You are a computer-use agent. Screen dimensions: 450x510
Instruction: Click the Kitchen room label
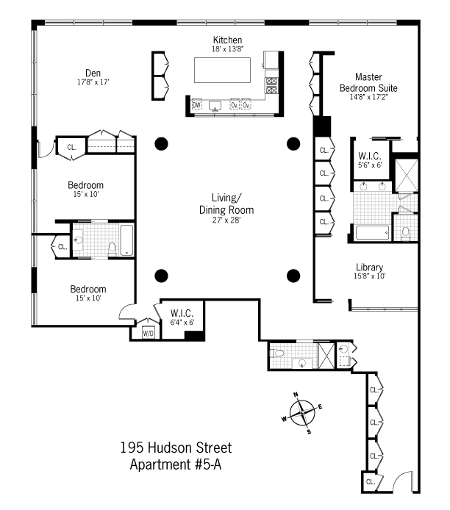(227, 40)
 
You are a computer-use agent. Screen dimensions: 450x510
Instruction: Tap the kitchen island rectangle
(223, 71)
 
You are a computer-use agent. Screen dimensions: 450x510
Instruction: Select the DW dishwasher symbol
(196, 105)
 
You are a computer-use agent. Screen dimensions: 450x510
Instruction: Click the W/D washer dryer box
(148, 334)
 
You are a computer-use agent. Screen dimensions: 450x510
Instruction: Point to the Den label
(93, 73)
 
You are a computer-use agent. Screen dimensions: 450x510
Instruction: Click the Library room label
(369, 267)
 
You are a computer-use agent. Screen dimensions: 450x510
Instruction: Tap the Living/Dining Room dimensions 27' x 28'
(226, 220)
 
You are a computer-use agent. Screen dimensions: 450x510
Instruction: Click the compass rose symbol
(302, 413)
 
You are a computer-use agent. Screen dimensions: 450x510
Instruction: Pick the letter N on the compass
(296, 395)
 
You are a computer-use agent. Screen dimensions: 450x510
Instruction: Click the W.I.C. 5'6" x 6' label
(370, 160)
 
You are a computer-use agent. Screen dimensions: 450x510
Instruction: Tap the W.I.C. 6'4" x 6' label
(182, 317)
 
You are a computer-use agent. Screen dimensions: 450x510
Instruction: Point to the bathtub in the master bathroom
(373, 233)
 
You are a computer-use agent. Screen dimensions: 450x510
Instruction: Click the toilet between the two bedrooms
(112, 248)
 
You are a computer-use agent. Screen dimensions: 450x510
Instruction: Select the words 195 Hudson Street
(176, 448)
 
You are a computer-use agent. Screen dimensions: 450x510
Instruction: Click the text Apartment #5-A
(176, 464)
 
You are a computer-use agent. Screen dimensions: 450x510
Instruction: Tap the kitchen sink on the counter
(215, 106)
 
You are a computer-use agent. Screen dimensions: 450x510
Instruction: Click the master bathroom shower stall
(406, 176)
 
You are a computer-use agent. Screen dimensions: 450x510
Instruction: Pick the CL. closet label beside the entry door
(371, 481)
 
